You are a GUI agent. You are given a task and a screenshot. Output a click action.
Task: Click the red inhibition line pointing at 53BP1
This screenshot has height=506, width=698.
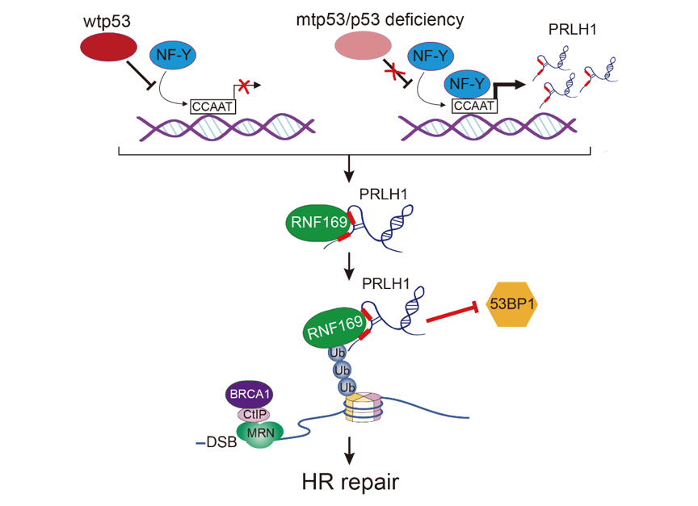(452, 313)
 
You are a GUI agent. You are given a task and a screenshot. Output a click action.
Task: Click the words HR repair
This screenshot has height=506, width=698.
(350, 483)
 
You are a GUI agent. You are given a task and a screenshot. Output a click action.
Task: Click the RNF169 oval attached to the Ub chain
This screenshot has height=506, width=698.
(332, 327)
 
